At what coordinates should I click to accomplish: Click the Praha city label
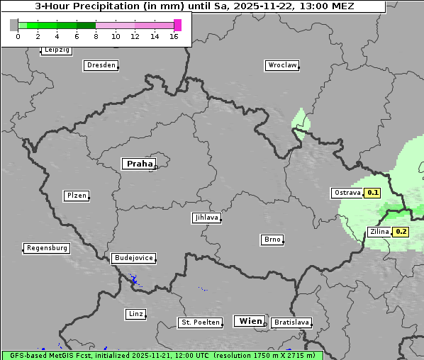tap(139, 164)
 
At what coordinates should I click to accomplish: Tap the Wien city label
tap(250, 321)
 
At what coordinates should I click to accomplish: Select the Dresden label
tap(101, 65)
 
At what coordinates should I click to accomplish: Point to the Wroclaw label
tap(282, 65)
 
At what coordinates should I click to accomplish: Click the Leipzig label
tap(57, 50)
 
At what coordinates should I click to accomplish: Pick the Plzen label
tap(77, 196)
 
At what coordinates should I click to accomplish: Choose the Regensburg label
tap(47, 248)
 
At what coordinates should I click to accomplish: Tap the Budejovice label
tap(133, 258)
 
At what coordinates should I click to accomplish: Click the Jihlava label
tap(206, 218)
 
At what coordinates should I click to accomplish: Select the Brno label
tap(272, 240)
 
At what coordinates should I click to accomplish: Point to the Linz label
tap(136, 314)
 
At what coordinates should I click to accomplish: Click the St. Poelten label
tap(199, 322)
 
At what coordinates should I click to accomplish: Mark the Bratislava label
tap(291, 322)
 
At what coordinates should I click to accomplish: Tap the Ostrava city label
tap(347, 192)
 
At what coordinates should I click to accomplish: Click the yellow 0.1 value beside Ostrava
tap(373, 192)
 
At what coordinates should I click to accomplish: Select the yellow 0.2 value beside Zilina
tap(401, 232)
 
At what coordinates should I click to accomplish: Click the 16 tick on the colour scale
tap(174, 36)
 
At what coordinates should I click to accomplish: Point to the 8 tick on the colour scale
tap(96, 36)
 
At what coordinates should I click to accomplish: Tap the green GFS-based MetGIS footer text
tap(162, 355)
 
